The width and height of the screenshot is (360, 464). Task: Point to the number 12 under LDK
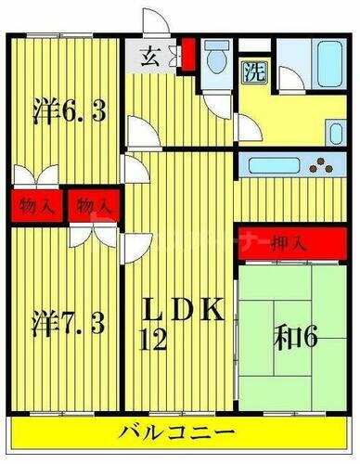pos(154,341)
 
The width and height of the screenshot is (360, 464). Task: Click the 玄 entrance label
pos(149,54)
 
